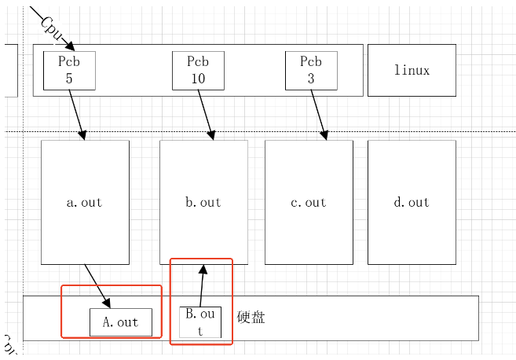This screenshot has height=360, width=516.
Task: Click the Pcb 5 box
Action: tap(69, 70)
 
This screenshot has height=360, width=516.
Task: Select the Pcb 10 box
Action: tap(198, 70)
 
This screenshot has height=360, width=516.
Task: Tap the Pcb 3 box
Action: tap(311, 70)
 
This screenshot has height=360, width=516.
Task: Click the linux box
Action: tap(412, 70)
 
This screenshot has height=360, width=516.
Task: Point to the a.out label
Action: tap(85, 202)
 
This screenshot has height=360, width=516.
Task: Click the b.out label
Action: tap(203, 202)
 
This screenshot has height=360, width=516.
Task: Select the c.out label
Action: tap(309, 202)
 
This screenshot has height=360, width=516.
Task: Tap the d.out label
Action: tap(412, 202)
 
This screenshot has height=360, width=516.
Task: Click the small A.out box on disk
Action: tap(120, 322)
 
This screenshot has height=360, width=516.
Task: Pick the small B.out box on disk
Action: tap(200, 322)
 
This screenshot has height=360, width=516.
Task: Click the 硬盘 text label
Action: tap(251, 318)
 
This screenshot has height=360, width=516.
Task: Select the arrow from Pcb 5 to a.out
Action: tap(76, 114)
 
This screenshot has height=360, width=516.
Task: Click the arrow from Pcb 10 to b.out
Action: tap(206, 115)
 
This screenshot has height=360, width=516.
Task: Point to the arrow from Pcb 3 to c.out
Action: tap(318, 114)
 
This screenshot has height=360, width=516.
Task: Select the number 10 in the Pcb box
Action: tap(198, 79)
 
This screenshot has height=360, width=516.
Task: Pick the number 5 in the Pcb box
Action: tap(69, 79)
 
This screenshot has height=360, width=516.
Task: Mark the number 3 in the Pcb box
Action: tap(311, 79)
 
